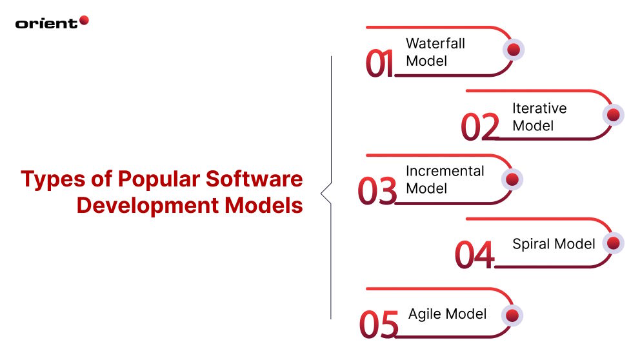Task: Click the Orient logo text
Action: click(46, 23)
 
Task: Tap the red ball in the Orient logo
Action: click(83, 21)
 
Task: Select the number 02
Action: click(480, 127)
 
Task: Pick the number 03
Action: click(377, 192)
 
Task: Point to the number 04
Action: click(474, 255)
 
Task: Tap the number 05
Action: click(379, 325)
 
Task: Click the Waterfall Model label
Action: click(435, 52)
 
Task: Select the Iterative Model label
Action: click(539, 117)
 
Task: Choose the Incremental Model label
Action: click(445, 180)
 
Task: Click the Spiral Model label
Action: click(554, 244)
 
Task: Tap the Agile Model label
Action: click(447, 314)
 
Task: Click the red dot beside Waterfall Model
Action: click(514, 50)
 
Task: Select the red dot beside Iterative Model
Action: click(613, 114)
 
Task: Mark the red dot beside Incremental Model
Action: click(512, 179)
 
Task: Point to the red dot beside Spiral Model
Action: click(613, 243)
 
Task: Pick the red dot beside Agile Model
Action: click(512, 315)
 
